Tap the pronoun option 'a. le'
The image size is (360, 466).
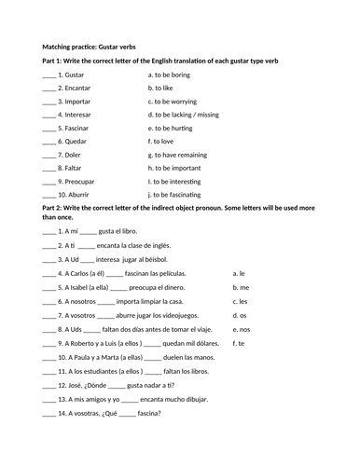(238, 273)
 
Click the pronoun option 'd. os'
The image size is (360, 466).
(239, 315)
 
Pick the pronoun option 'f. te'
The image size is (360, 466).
(238, 343)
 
